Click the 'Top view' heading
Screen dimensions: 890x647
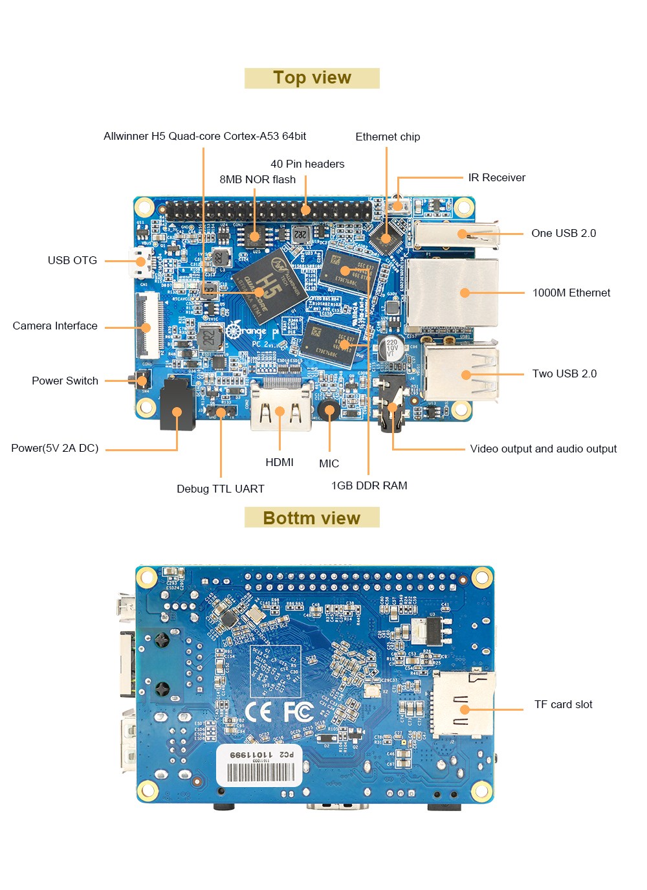pos(312,78)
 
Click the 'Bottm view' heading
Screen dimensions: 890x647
pos(312,518)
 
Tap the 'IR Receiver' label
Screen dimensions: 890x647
pos(496,177)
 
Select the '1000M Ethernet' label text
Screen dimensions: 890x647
pos(571,293)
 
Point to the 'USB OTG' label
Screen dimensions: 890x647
pos(72,260)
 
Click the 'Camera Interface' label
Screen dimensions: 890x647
pos(55,326)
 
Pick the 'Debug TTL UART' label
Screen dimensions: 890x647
pos(221,489)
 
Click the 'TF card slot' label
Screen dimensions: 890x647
pos(563,704)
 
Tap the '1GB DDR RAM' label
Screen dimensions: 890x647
pos(369,485)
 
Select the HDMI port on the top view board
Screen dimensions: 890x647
pos(280,406)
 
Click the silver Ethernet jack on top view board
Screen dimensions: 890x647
pos(453,293)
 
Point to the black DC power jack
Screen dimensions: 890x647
pos(177,405)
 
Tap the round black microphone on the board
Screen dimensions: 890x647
pos(329,408)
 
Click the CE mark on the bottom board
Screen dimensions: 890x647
pos(258,711)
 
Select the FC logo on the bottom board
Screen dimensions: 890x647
pos(298,711)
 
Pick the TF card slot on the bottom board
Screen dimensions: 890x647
pos(463,704)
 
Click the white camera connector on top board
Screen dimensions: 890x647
pos(149,325)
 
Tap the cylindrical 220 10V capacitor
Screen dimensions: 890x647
pos(392,346)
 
